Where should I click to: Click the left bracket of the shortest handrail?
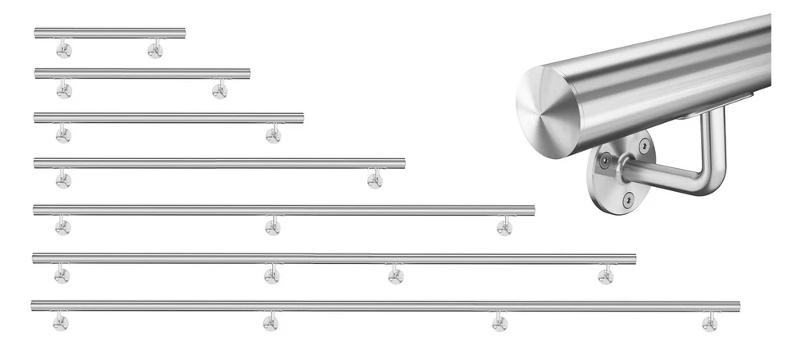[x=64, y=51]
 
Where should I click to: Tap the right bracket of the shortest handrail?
[x=155, y=51]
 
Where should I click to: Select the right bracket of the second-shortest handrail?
[x=220, y=90]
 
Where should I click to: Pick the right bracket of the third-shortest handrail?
[x=273, y=134]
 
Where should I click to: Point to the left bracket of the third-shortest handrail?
[x=63, y=134]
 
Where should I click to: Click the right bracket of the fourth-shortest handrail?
[x=375, y=180]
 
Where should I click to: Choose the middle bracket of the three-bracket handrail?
[x=273, y=226]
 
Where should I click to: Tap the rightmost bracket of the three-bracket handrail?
[x=504, y=226]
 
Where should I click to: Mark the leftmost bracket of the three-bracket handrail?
[x=62, y=226]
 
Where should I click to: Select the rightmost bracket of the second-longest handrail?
[x=606, y=276]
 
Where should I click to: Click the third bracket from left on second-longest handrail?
[x=395, y=276]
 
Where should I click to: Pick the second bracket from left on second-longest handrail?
[x=271, y=276]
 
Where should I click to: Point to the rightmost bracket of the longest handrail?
[x=709, y=322]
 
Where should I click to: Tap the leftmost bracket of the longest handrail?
[x=61, y=322]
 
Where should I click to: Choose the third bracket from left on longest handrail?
[x=499, y=322]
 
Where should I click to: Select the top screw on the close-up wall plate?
[x=644, y=145]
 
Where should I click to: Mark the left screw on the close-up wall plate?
[x=604, y=161]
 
